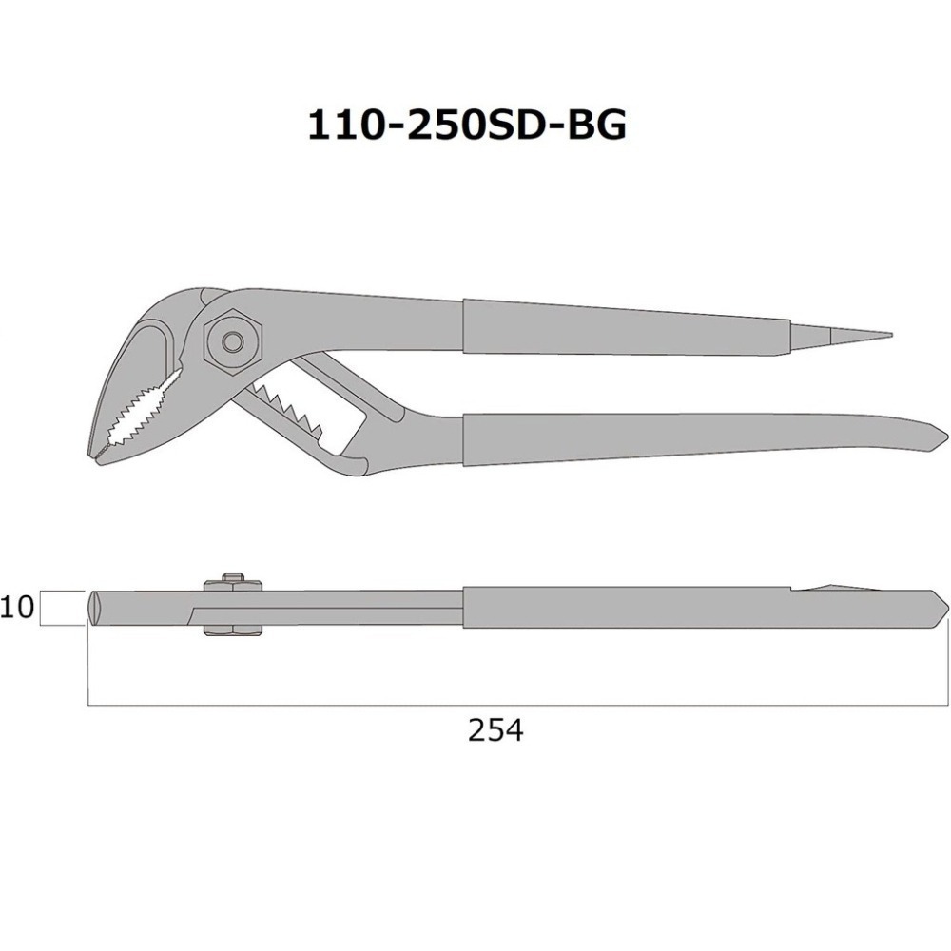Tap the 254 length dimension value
coord(495,730)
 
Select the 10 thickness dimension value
coord(16,607)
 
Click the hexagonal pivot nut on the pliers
coord(233,340)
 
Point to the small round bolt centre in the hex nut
coord(231,341)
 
